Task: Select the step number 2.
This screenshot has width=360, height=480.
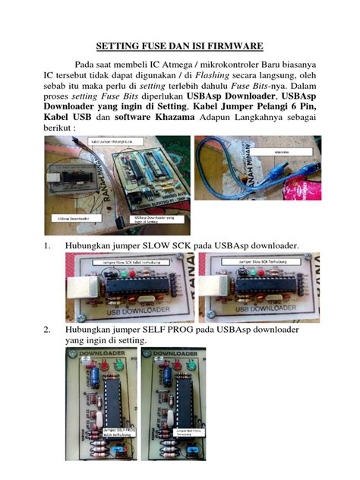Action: [46, 330]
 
